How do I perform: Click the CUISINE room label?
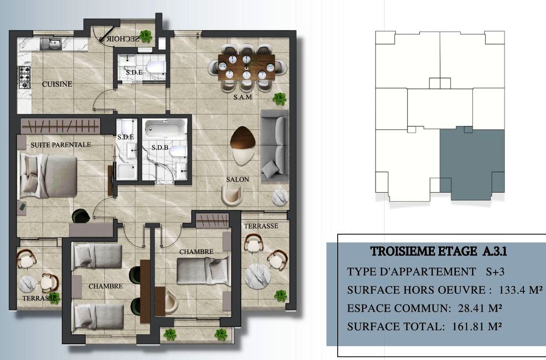[57, 84]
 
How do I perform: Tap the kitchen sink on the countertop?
[51, 44]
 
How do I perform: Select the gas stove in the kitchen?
[25, 78]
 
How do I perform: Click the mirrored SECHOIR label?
[123, 39]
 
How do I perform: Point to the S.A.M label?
[243, 97]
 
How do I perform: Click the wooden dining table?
[247, 67]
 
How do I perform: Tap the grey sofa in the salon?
[275, 146]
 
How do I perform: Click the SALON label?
[238, 180]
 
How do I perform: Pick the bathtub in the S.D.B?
[164, 128]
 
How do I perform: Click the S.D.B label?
[160, 148]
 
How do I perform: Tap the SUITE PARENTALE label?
[61, 145]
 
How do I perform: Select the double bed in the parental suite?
[48, 176]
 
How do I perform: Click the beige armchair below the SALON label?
[232, 196]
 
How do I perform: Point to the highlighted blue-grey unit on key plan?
[472, 163]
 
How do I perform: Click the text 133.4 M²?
[521, 290]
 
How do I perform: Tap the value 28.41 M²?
[480, 308]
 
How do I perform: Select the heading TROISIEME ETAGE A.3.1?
[439, 251]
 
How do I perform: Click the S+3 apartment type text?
[495, 272]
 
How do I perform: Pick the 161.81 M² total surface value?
[477, 327]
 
